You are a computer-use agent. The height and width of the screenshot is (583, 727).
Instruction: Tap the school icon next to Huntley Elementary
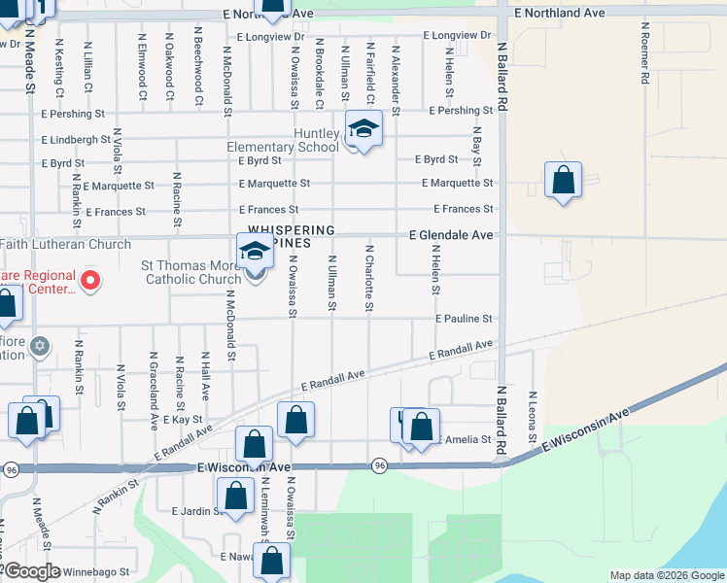363,129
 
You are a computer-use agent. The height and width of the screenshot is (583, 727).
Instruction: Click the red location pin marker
90,281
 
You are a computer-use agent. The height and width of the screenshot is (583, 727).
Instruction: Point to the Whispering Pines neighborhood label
288,236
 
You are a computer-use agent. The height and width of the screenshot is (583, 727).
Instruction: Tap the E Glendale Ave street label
450,235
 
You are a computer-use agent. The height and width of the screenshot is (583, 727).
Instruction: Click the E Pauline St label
464,319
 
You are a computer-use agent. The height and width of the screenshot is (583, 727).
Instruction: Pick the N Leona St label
533,417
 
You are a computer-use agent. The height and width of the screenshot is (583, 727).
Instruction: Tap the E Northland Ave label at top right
561,13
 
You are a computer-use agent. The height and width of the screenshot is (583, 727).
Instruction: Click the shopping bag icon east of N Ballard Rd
563,181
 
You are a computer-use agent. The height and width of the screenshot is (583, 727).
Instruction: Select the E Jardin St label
191,511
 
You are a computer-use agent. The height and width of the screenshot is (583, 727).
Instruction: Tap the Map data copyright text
667,575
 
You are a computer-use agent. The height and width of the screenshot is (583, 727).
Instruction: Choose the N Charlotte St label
369,279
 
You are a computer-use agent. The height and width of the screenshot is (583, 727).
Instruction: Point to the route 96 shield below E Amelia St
379,466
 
